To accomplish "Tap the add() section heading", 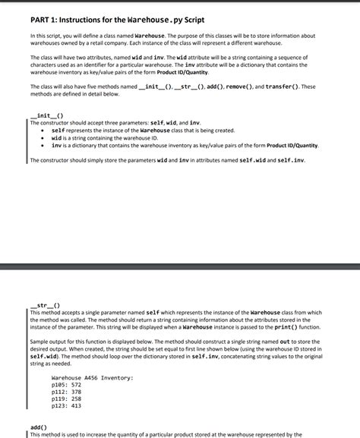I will pyautogui.click(x=37, y=427).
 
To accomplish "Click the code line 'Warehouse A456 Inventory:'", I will pyautogui.click(x=92, y=377).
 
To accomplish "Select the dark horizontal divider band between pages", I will pyautogui.click(x=180, y=266).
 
